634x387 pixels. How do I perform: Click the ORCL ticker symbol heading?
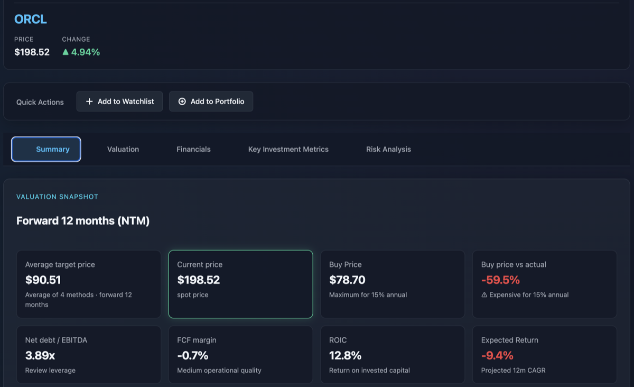31,20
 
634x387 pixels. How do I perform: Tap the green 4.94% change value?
85,52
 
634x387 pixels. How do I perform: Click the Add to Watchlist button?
119,102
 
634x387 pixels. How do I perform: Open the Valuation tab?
123,149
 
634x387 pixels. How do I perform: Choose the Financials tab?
193,149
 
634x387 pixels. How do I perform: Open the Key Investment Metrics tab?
288,149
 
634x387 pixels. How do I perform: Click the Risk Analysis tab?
388,149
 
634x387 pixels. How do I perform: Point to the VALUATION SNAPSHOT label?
57,197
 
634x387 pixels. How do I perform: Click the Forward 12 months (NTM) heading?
83,221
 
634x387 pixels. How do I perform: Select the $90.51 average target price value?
43,280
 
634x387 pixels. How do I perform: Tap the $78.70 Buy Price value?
347,280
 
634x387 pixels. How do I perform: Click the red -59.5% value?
500,280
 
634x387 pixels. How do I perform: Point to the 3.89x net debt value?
40,355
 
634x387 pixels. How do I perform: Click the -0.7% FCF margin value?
193,355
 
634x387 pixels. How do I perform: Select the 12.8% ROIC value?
345,355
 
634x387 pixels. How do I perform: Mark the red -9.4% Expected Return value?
497,355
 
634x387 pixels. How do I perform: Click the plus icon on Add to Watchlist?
89,102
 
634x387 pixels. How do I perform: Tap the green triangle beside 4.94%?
66,52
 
